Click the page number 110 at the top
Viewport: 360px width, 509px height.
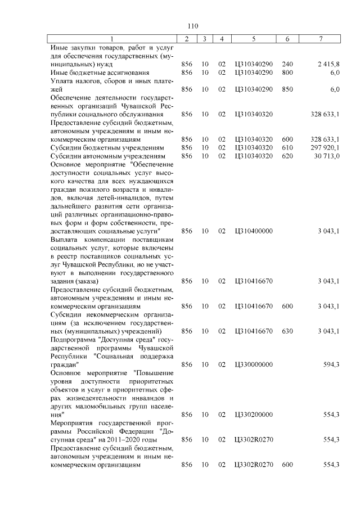click(193, 25)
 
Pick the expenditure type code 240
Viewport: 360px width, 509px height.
click(287, 65)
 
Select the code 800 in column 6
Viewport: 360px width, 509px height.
click(287, 73)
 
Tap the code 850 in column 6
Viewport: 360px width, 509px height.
click(287, 89)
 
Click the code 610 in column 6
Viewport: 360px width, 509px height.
click(287, 147)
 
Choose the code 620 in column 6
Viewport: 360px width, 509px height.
click(287, 156)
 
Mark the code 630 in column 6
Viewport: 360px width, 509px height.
click(287, 331)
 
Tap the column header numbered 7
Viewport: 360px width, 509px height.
click(321, 39)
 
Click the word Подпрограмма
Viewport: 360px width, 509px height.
click(72, 340)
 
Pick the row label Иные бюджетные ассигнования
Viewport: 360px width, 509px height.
click(92, 73)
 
